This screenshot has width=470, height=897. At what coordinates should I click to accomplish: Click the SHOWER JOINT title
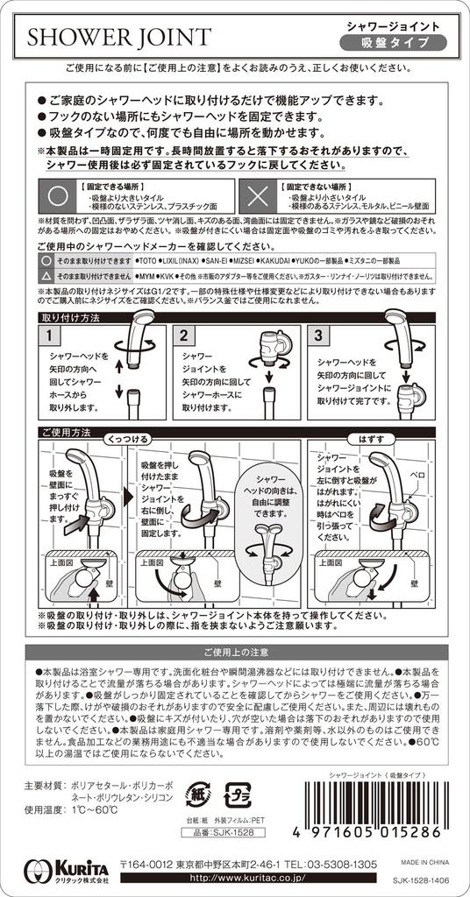(117, 36)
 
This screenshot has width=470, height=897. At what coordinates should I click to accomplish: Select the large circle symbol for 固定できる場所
(57, 194)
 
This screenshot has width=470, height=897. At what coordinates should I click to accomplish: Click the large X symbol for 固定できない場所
(256, 194)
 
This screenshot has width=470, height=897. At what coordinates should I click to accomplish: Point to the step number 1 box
(51, 335)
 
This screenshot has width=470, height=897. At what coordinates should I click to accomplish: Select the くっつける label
(129, 437)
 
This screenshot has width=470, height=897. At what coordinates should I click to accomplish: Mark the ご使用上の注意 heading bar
(234, 653)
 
